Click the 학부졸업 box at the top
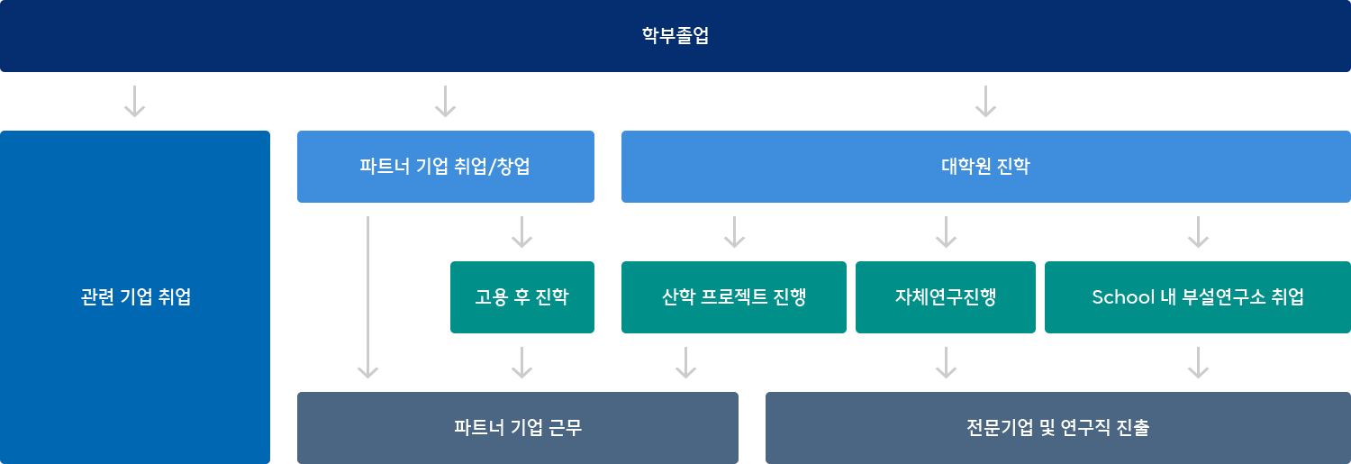(x=675, y=36)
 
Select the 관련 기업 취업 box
(x=135, y=297)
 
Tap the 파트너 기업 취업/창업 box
(x=446, y=167)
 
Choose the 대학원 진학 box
(x=985, y=167)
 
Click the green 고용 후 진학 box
(x=522, y=297)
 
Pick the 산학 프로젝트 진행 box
(x=734, y=297)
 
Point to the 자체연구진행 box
(x=946, y=297)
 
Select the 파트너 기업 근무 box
(x=518, y=427)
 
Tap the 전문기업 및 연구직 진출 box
(x=1057, y=427)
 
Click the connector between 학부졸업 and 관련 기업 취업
(x=134, y=101)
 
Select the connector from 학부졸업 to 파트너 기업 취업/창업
(x=445, y=101)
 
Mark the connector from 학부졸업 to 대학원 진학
(x=985, y=101)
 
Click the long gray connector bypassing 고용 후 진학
(x=367, y=297)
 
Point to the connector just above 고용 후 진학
(x=521, y=232)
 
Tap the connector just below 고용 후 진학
(x=521, y=362)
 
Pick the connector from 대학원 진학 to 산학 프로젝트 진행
(x=734, y=232)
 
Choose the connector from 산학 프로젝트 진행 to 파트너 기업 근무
(x=685, y=362)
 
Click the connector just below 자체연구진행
(x=946, y=362)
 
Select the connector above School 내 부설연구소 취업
(x=1198, y=232)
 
